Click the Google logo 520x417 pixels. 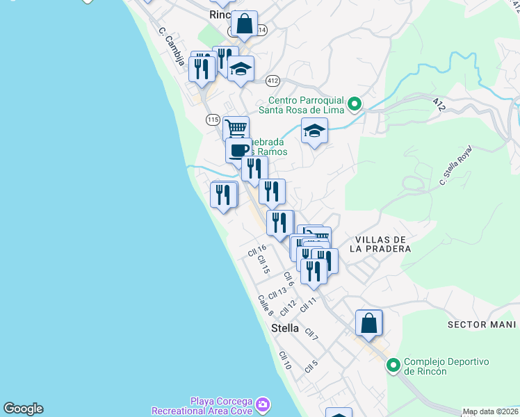[23, 409]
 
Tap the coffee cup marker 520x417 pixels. [238, 150]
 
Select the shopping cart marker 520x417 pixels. [236, 129]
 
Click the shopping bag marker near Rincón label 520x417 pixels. [245, 24]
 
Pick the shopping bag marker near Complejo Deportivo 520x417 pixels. [368, 323]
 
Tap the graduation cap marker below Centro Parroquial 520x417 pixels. [314, 131]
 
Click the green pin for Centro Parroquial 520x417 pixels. [355, 105]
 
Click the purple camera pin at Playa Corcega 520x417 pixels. [262, 404]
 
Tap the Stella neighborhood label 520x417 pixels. [285, 328]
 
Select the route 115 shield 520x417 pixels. [213, 120]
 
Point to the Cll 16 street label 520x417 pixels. [257, 249]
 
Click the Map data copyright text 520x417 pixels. [491, 411]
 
